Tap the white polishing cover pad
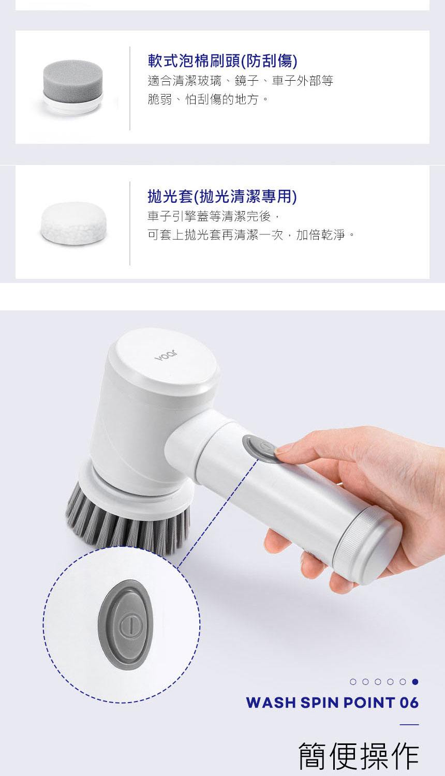tap(73, 223)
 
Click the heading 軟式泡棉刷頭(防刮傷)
tap(222, 61)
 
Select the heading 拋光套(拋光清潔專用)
tap(222, 197)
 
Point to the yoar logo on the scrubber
tap(166, 355)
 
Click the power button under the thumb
tap(261, 448)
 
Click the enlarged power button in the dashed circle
tap(125, 624)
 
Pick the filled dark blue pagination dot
tap(415, 682)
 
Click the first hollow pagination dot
tap(353, 682)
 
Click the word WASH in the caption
tap(271, 703)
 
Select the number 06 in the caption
tap(409, 703)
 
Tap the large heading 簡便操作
tap(359, 755)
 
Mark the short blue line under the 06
tap(409, 724)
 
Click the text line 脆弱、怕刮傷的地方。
tap(208, 99)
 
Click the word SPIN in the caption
tap(319, 703)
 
